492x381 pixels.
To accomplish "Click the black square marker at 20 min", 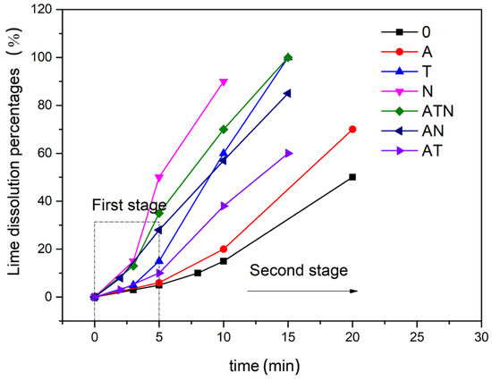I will [352, 177].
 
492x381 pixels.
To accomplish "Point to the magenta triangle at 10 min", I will [224, 81].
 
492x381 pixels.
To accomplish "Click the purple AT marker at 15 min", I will [288, 153].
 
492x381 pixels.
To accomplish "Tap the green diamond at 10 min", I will [224, 129].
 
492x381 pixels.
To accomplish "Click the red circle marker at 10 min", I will [224, 249].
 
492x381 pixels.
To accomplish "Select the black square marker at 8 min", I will [198, 273].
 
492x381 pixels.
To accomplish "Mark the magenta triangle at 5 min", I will [159, 177].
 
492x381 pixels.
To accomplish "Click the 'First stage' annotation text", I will [129, 206].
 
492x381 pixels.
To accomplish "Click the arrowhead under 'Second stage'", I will [354, 291].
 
